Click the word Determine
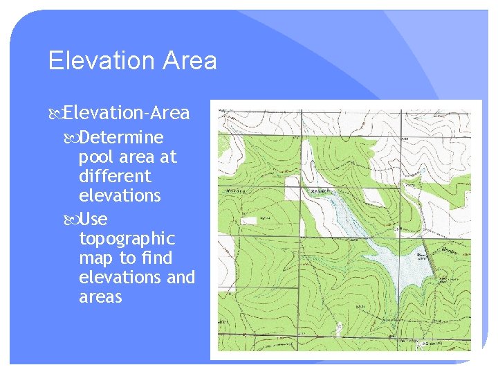pos(122,137)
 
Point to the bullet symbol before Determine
pos(72,138)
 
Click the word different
pos(115,176)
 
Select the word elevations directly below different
pos(120,196)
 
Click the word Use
pos(93,220)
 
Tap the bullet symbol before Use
pos(72,220)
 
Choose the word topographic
pos(127,239)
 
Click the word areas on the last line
pos(100,297)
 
